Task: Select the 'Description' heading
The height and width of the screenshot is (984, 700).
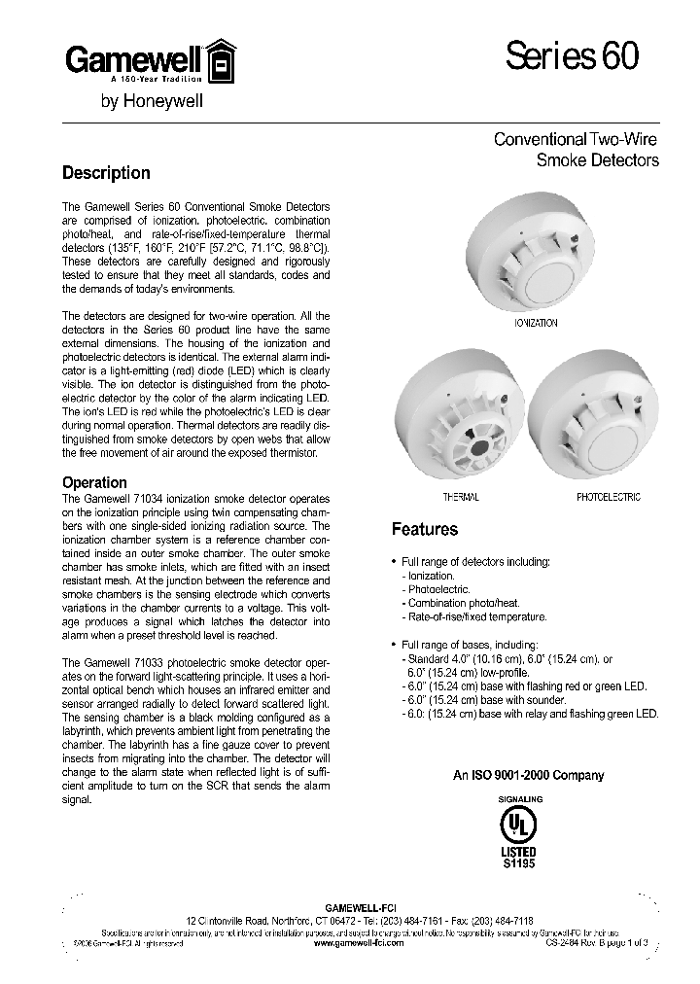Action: click(106, 173)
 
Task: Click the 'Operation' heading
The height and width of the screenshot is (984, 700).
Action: click(94, 482)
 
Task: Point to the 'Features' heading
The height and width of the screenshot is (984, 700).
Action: click(424, 530)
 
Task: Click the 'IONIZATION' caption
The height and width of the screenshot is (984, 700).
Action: click(535, 323)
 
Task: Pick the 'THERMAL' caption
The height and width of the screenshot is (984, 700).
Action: click(461, 497)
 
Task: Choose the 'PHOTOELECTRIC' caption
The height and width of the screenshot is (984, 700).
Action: click(608, 497)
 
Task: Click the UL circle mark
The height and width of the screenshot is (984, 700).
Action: click(518, 825)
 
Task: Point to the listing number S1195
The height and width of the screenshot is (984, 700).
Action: click(518, 862)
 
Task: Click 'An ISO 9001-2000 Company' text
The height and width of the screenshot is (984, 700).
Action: click(529, 775)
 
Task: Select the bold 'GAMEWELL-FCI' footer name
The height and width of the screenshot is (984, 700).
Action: click(360, 905)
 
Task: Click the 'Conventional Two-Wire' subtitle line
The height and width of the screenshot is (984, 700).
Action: click(576, 140)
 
